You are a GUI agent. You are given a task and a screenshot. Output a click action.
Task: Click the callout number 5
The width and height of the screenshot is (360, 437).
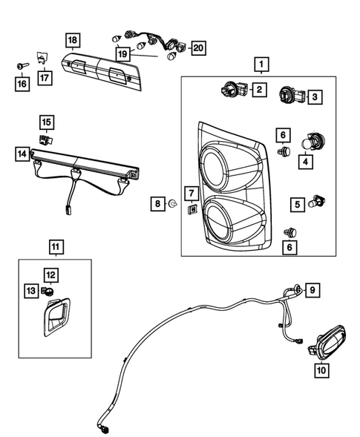pos(296,203)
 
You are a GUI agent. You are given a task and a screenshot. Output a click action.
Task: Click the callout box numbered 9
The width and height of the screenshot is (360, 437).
pos(312,289)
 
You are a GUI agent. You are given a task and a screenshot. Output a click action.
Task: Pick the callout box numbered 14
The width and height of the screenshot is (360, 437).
pos(22,154)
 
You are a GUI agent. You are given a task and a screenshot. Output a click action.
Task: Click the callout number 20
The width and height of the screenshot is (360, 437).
pos(197,48)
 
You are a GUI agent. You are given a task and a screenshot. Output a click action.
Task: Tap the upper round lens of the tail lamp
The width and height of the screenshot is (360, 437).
pos(218,165)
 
